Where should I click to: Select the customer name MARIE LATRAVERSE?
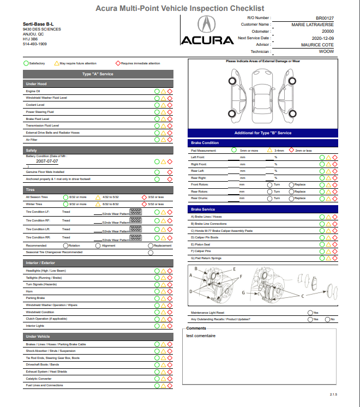click(x=313, y=25)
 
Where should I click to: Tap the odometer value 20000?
click(x=327, y=32)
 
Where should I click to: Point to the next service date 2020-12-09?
click(x=322, y=38)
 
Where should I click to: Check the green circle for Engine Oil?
click(x=157, y=91)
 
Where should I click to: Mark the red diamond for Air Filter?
click(x=170, y=140)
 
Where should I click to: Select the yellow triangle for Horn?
click(x=163, y=291)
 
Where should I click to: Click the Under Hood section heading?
click(x=37, y=83)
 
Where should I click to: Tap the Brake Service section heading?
click(x=203, y=210)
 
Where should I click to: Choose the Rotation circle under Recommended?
click(x=64, y=246)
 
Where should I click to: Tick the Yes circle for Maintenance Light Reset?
click(x=310, y=313)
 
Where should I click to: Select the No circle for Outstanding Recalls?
click(x=327, y=319)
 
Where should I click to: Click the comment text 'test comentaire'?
click(x=201, y=336)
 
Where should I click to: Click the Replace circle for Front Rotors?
click(x=291, y=185)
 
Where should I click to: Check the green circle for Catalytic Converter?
click(x=157, y=379)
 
